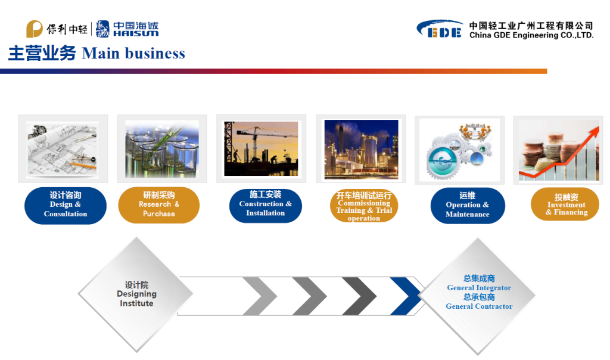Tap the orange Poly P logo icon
(x=34, y=29)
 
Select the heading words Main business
(x=133, y=53)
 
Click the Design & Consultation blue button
(x=66, y=206)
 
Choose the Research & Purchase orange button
(x=158, y=205)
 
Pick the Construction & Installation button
(x=265, y=206)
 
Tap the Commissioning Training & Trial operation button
(x=364, y=206)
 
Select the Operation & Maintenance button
(x=468, y=206)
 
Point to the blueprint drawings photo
(x=62, y=150)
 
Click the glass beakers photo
(x=162, y=149)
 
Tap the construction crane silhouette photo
(x=261, y=148)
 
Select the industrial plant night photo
(x=362, y=150)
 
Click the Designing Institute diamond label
(x=136, y=294)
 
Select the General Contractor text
(x=479, y=306)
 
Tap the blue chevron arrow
(x=406, y=296)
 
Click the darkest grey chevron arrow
(x=359, y=296)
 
